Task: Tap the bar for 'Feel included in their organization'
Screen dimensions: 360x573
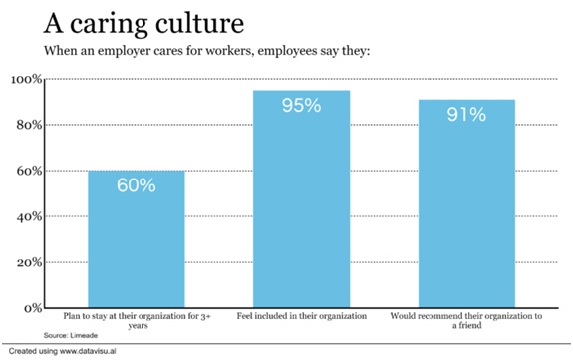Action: [x=300, y=199]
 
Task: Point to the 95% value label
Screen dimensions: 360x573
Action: [x=300, y=106]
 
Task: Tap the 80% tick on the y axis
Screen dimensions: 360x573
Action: [x=27, y=125]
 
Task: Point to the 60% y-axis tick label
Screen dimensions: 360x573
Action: [x=27, y=171]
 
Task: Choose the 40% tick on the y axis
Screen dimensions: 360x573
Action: [x=27, y=216]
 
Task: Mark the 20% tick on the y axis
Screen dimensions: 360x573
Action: [x=27, y=262]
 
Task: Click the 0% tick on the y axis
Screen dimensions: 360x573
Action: [x=31, y=308]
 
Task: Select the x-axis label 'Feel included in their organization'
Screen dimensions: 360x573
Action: [x=300, y=316]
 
